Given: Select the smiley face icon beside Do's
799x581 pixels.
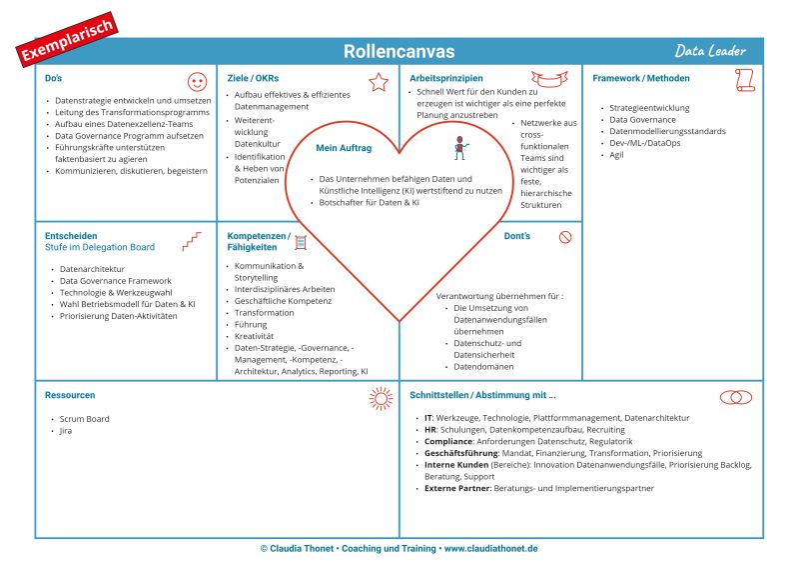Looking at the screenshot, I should [197, 82].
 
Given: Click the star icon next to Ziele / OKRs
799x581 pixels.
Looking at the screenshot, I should [379, 82].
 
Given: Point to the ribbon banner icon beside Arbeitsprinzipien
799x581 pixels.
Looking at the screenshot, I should [549, 79].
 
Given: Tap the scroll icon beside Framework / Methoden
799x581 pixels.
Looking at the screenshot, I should [744, 80].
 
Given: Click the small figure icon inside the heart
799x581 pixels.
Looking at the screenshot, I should [460, 148].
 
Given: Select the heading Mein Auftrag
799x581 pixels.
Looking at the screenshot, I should [344, 148].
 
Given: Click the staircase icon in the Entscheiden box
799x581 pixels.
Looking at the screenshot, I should [192, 241].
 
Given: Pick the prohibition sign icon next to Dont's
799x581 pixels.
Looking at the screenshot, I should [565, 237].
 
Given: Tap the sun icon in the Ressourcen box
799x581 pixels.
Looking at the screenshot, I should [381, 398].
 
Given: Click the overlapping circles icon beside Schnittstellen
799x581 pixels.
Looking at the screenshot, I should [736, 397].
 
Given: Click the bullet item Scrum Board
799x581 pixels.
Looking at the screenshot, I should [85, 419].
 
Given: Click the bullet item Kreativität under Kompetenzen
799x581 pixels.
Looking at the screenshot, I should [256, 336].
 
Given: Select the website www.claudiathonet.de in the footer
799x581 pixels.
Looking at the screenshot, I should [490, 549].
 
